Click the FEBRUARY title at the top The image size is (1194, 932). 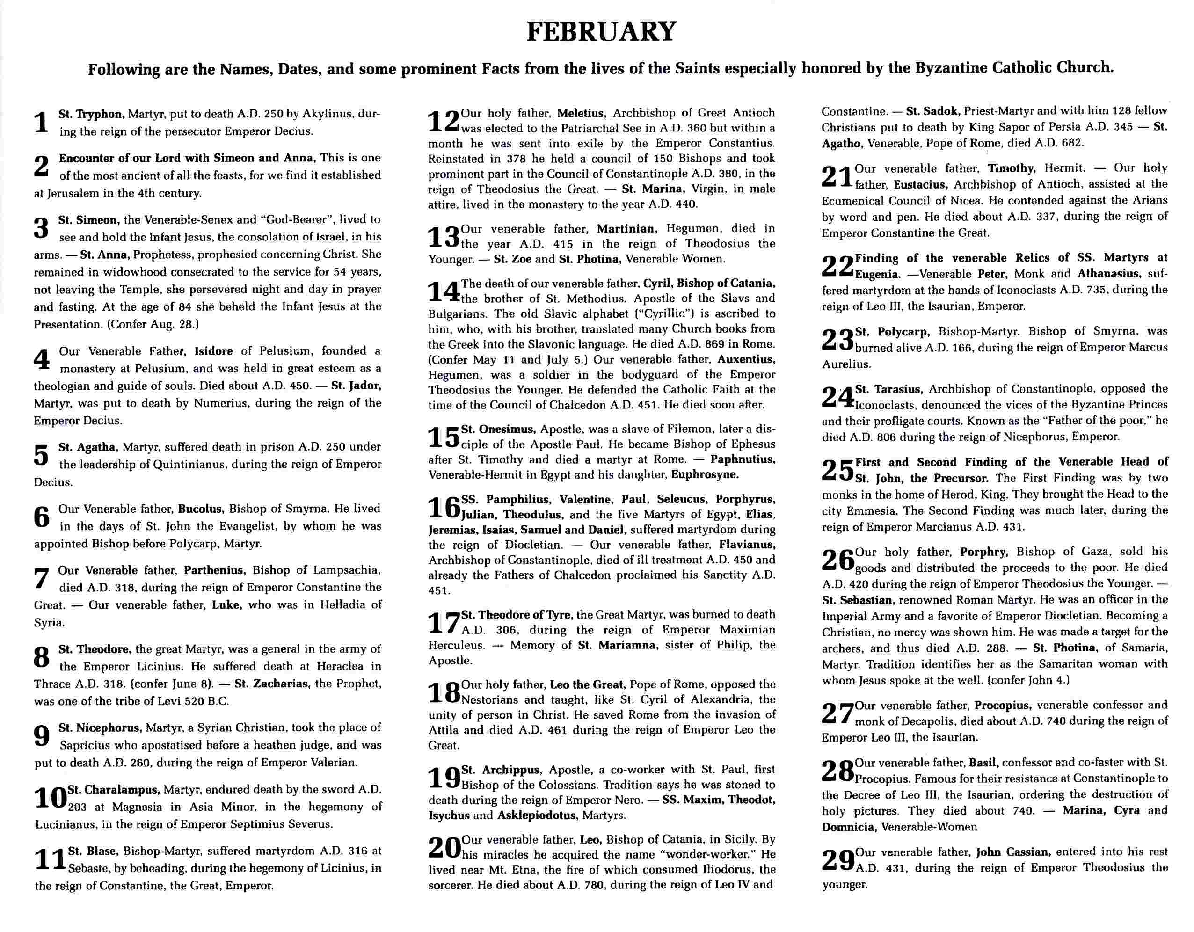pos(601,32)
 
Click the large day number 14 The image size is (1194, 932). pos(444,291)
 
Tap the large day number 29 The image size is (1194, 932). pos(837,860)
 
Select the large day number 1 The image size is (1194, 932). pos(42,123)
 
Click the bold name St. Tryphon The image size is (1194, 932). pos(92,114)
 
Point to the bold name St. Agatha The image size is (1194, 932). pos(87,447)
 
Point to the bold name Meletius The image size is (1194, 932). pos(581,113)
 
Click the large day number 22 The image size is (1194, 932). pos(837,266)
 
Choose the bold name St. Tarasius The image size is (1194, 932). pos(889,389)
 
